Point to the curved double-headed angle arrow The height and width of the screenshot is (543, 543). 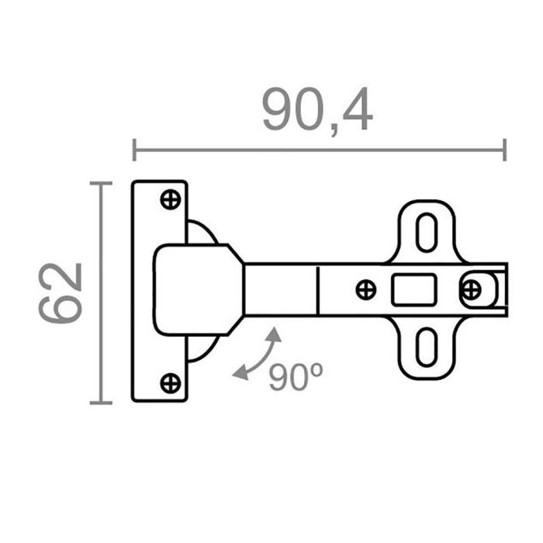click(260, 356)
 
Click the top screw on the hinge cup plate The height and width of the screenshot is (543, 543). click(170, 199)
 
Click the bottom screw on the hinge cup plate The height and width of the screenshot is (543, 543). click(170, 382)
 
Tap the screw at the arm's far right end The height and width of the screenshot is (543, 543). click(470, 290)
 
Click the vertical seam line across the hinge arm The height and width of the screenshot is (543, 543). click(318, 290)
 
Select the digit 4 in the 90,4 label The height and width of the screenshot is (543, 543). click(356, 111)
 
